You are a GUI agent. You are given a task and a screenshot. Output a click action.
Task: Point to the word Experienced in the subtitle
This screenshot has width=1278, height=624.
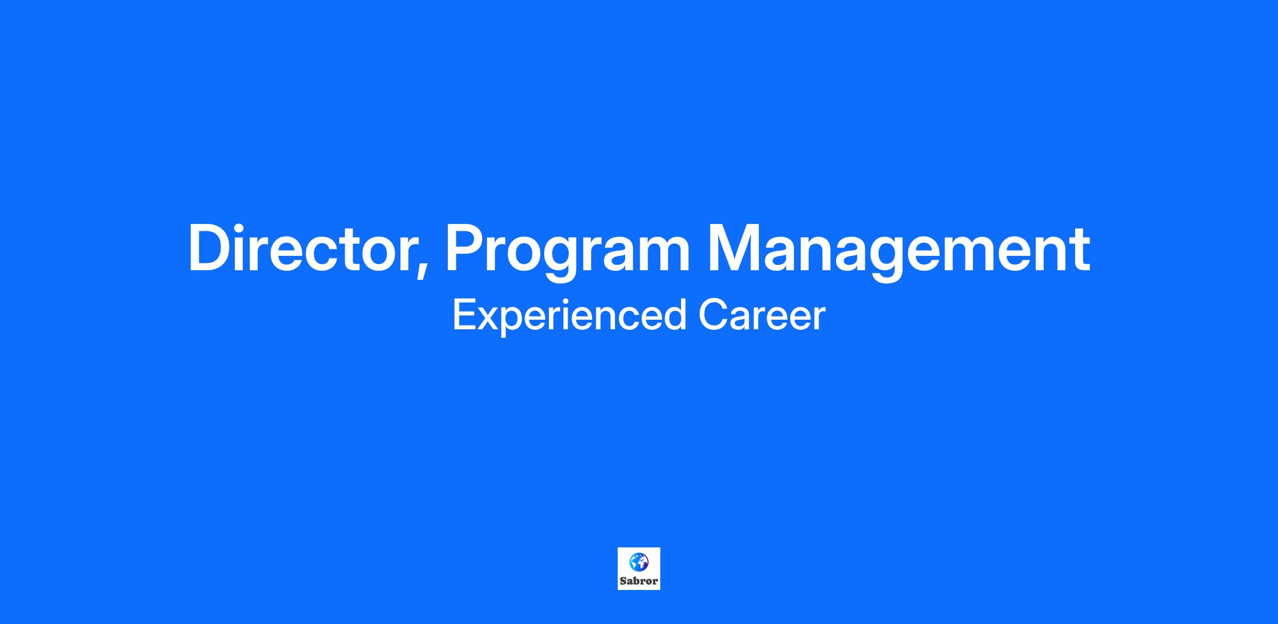pyautogui.click(x=569, y=316)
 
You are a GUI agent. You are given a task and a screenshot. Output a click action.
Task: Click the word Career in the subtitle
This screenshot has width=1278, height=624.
pyautogui.click(x=761, y=315)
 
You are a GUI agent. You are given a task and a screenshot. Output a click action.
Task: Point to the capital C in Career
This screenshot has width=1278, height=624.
pyautogui.click(x=712, y=315)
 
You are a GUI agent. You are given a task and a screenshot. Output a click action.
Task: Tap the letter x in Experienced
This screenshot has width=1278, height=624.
pyautogui.click(x=487, y=320)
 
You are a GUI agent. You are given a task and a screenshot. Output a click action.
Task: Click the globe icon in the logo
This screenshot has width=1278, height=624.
pyautogui.click(x=639, y=562)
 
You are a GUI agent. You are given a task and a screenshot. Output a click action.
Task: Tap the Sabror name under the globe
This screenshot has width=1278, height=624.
pyautogui.click(x=639, y=581)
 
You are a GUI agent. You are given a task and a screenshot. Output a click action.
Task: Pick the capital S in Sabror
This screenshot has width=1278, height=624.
pyautogui.click(x=623, y=581)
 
